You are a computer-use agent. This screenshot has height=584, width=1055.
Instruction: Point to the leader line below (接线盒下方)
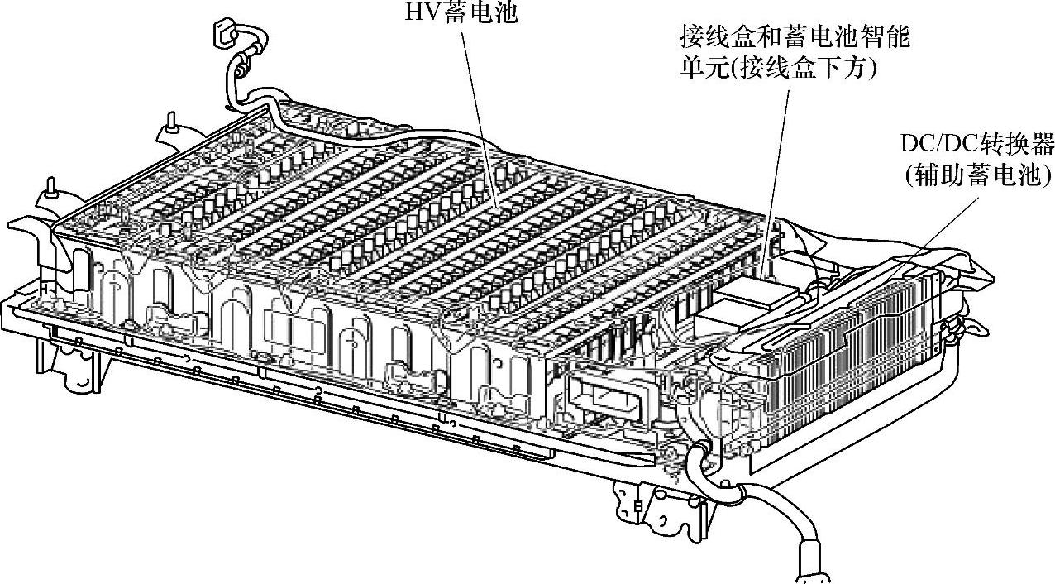[777, 165]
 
